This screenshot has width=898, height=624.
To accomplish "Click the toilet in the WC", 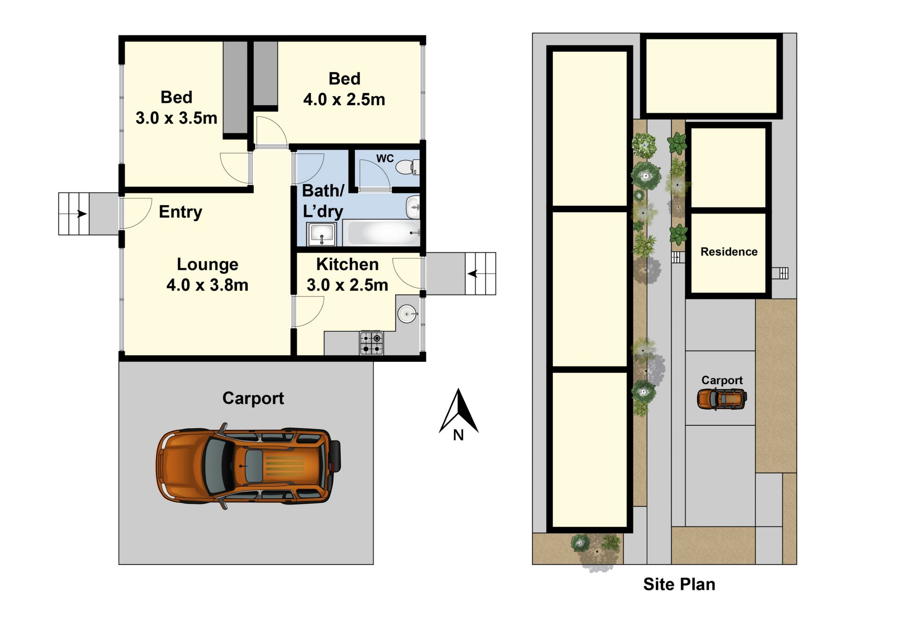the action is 407,167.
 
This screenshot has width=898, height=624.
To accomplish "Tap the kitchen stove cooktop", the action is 371,343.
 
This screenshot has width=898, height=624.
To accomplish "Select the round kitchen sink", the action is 407,314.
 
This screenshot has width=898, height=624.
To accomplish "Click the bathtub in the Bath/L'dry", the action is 383,233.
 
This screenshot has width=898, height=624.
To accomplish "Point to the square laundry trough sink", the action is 321,234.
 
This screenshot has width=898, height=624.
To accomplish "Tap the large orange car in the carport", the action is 248,466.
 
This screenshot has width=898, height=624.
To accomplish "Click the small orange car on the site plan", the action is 722,399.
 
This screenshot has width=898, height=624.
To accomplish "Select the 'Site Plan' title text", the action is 679,584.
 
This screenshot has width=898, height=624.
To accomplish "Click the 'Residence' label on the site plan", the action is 729,251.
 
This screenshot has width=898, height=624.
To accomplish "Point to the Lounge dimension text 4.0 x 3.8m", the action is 207,285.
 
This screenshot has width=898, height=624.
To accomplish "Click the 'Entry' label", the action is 181,212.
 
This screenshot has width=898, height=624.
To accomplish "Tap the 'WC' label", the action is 385,158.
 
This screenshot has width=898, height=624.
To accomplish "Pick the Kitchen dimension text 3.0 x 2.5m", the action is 348,285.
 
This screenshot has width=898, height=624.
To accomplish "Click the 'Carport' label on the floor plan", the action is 253,398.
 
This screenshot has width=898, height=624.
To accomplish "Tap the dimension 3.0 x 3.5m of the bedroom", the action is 176,118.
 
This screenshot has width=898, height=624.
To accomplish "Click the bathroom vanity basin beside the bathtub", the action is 413,207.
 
